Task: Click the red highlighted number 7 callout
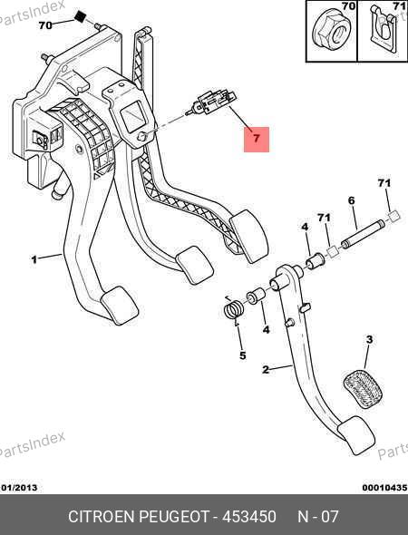pyautogui.click(x=257, y=140)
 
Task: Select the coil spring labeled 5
pyautogui.click(x=233, y=308)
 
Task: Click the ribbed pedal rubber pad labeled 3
pyautogui.click(x=363, y=388)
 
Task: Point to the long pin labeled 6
pyautogui.click(x=363, y=235)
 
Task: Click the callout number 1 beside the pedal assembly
pyautogui.click(x=34, y=259)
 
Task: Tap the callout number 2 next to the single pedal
pyautogui.click(x=266, y=370)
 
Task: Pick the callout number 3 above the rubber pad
pyautogui.click(x=369, y=339)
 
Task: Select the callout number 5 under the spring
pyautogui.click(x=243, y=355)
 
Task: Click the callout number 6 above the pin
pyautogui.click(x=352, y=200)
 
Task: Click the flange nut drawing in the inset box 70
pyautogui.click(x=331, y=32)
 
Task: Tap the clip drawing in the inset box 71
pyautogui.click(x=384, y=29)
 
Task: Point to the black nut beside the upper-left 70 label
pyautogui.click(x=80, y=16)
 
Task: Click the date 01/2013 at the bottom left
pyautogui.click(x=19, y=488)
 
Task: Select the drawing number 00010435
pyautogui.click(x=384, y=488)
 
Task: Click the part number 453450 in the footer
pyautogui.click(x=249, y=517)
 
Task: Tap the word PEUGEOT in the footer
pyautogui.click(x=174, y=517)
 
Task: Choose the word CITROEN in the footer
pyautogui.click(x=102, y=517)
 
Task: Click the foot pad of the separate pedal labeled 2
pyautogui.click(x=356, y=435)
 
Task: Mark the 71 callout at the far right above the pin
pyautogui.click(x=384, y=183)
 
